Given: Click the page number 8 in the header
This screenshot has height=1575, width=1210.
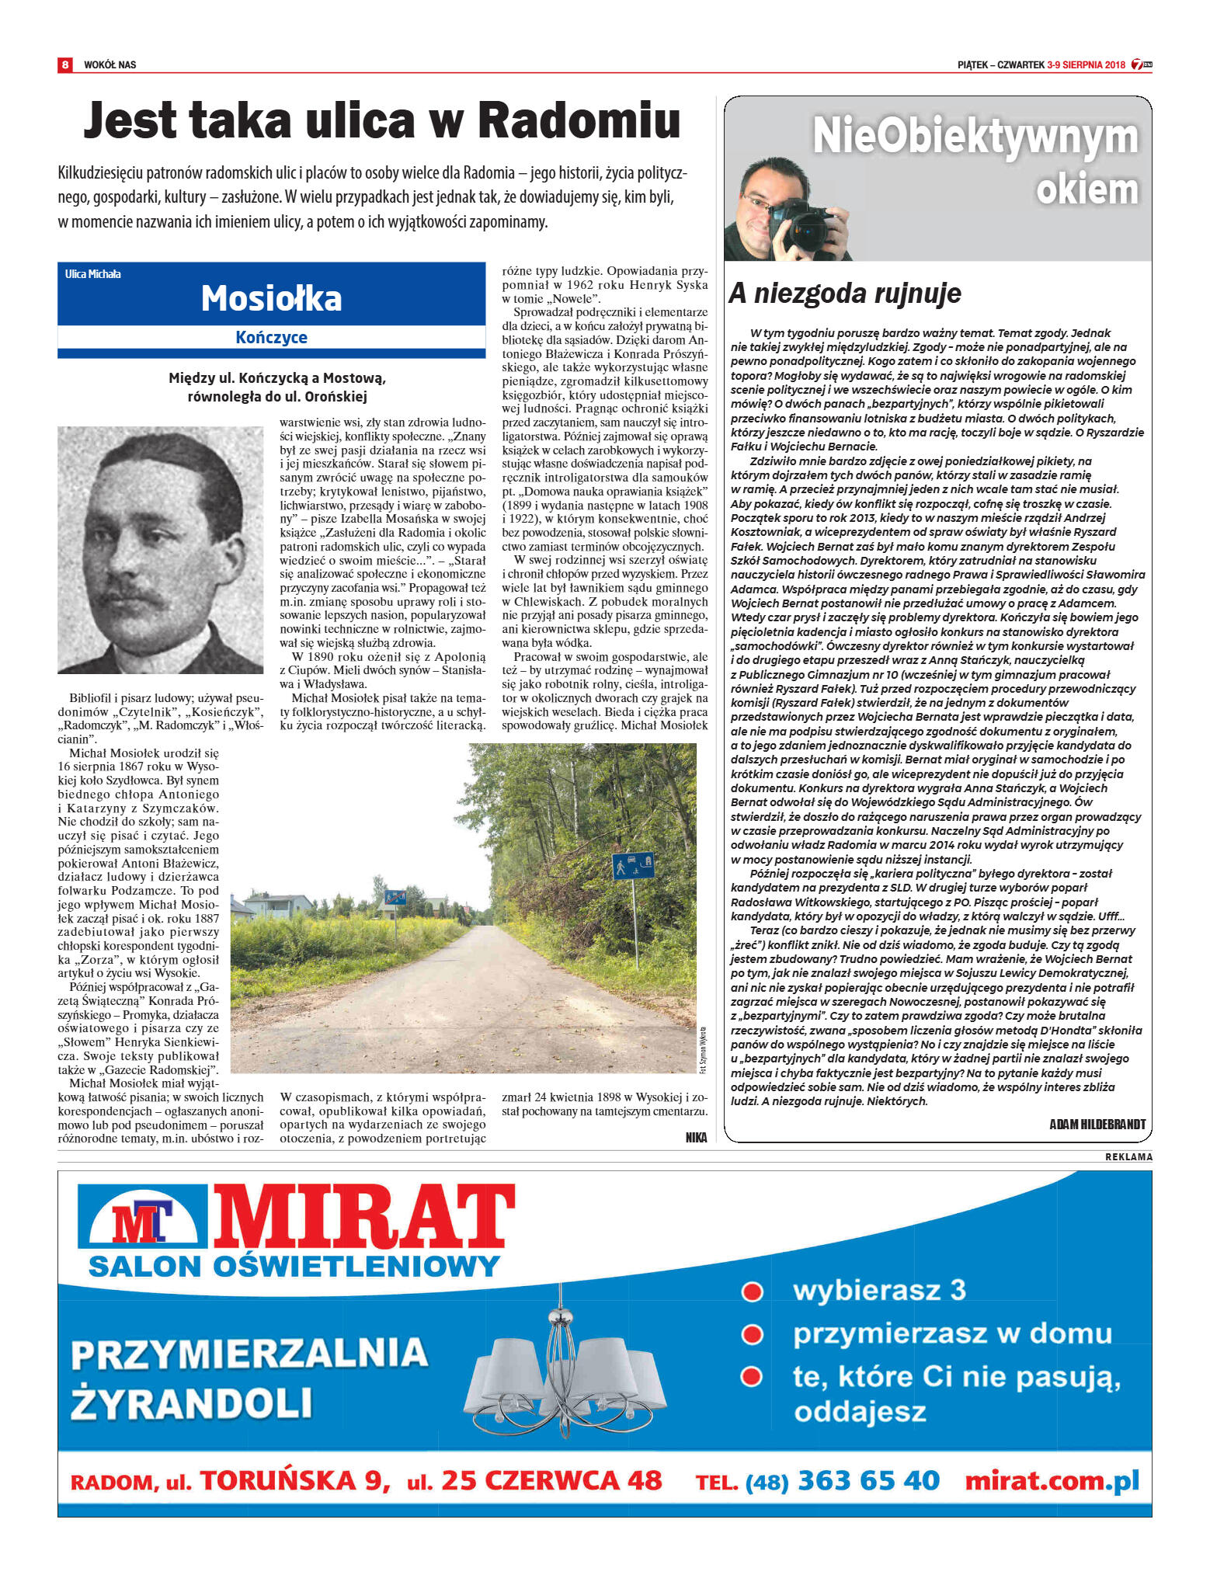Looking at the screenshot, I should tap(65, 64).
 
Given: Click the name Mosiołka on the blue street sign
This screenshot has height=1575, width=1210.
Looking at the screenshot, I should tap(271, 298).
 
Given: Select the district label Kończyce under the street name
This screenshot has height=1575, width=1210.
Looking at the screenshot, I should tap(271, 337).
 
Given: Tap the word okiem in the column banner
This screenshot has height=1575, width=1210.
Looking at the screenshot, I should tap(1087, 189).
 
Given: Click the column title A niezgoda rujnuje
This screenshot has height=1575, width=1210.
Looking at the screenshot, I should tap(844, 293).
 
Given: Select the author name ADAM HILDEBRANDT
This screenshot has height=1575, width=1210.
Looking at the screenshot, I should tap(1097, 1125).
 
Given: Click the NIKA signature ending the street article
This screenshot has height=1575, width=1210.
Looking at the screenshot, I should tap(696, 1137).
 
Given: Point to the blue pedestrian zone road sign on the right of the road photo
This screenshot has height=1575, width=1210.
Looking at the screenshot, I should tap(633, 866).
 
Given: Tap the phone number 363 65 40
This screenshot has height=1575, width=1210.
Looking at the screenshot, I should tap(868, 1480).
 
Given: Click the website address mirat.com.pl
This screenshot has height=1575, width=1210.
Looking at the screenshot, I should tap(1052, 1480).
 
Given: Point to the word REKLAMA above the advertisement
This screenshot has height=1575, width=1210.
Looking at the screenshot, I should tap(1128, 1157).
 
